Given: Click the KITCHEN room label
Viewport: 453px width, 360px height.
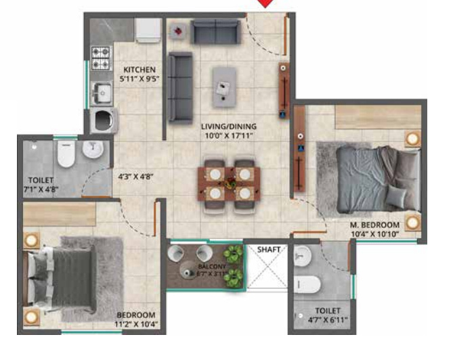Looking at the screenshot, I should [x=139, y=70].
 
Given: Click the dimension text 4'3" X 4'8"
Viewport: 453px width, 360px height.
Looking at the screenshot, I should [x=136, y=177].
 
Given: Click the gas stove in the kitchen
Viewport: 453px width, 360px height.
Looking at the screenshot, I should [x=102, y=58].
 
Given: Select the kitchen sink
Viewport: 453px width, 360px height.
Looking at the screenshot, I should [x=102, y=91].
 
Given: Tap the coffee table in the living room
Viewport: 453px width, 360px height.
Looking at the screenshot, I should [x=224, y=86].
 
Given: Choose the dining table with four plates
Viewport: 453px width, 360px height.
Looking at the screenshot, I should [x=225, y=182].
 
